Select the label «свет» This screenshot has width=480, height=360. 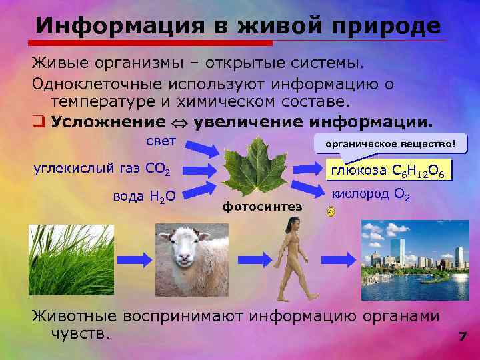[161, 141]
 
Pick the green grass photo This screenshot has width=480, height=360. [71, 259]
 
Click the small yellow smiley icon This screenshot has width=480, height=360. [331, 212]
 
